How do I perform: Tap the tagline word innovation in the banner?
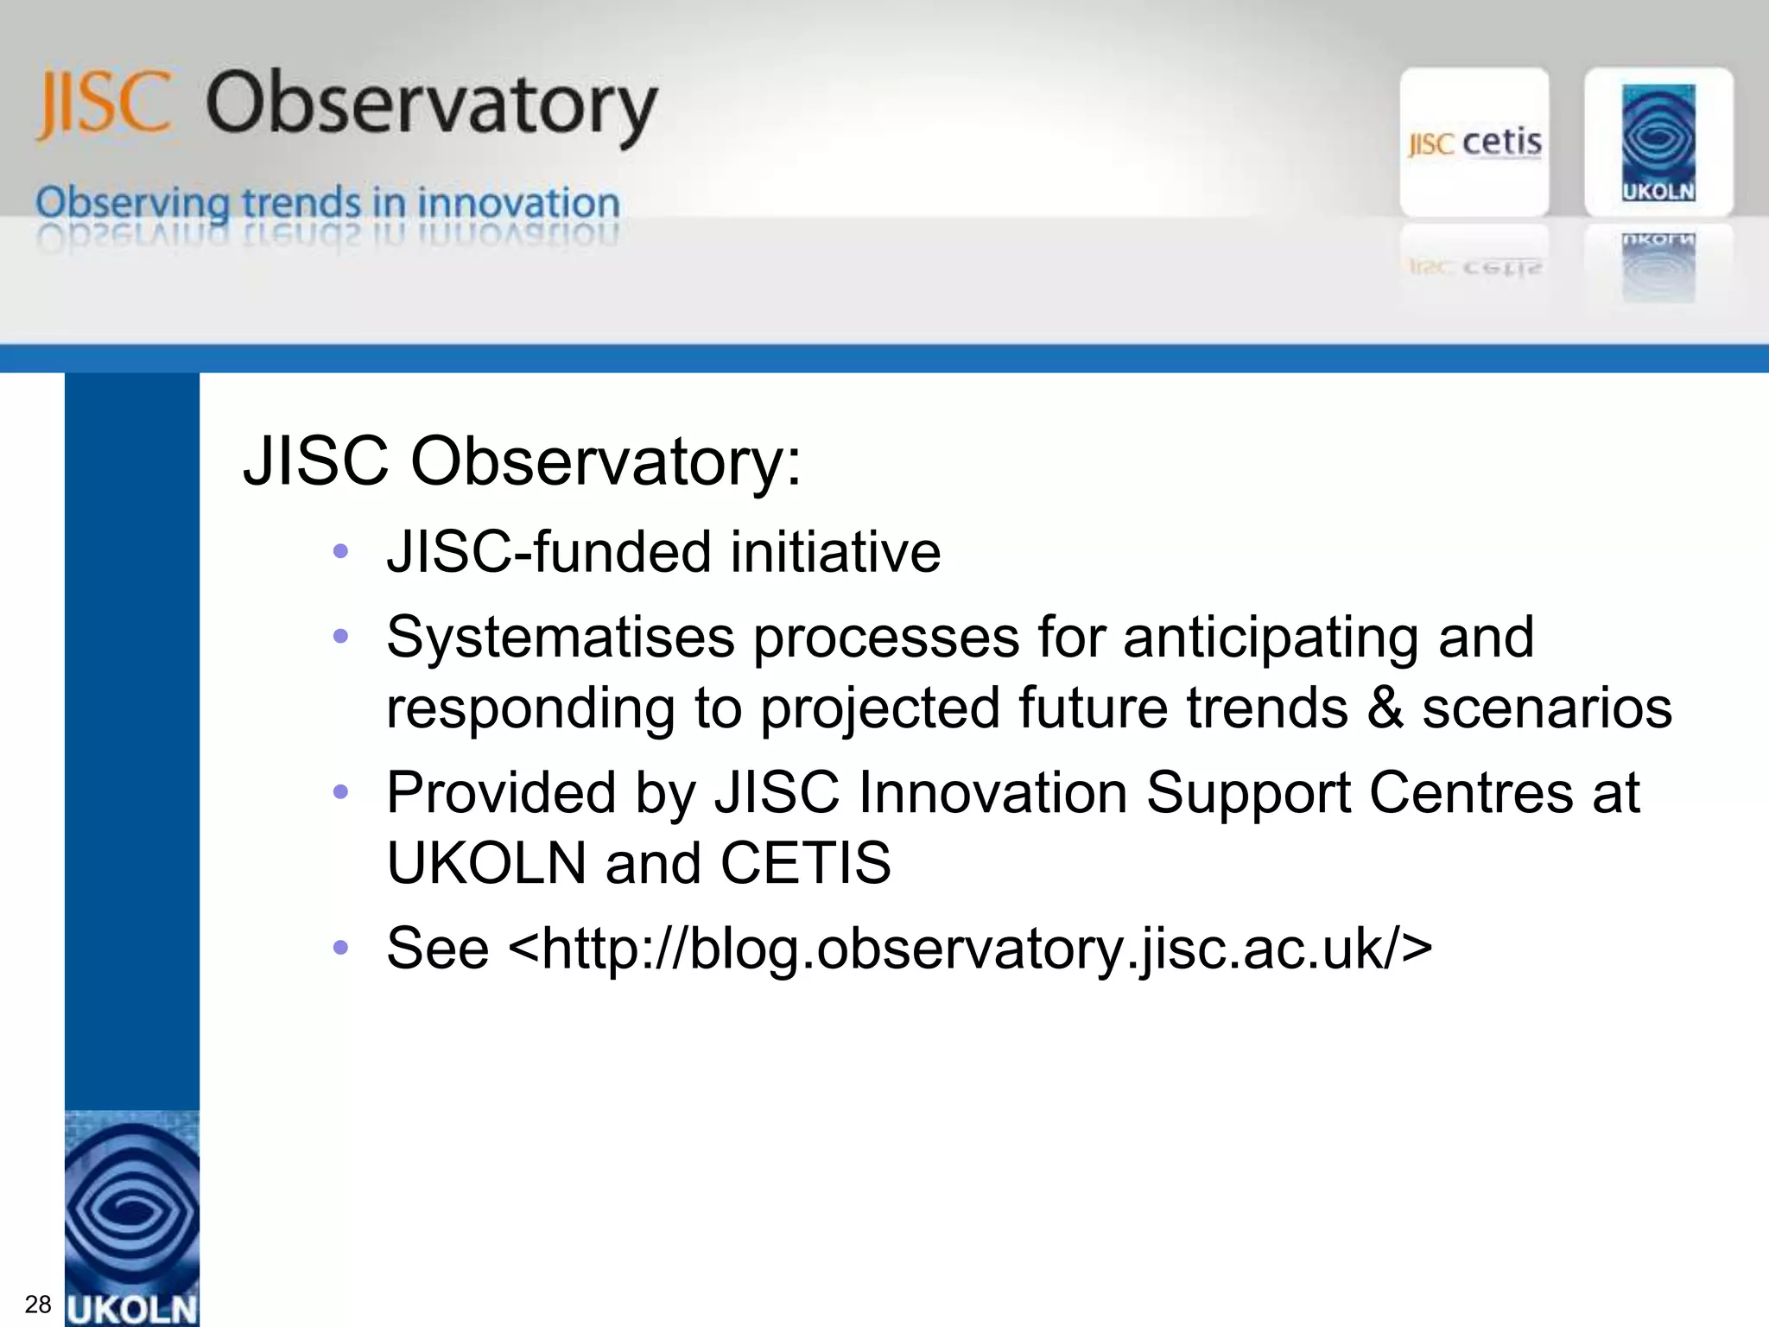[x=518, y=203]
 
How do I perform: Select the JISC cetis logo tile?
[x=1474, y=143]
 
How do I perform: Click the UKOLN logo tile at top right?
[x=1658, y=143]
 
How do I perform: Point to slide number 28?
[x=38, y=1304]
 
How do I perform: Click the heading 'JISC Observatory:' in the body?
[x=522, y=461]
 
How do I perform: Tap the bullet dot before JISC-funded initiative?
[x=340, y=551]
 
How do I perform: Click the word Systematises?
[x=560, y=638]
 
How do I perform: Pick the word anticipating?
[x=1270, y=638]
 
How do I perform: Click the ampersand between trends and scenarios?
[x=1385, y=708]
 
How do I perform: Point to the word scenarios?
[x=1546, y=708]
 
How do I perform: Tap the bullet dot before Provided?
[x=340, y=791]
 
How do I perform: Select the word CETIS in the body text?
[x=805, y=862]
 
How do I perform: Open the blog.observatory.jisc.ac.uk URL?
[x=969, y=949]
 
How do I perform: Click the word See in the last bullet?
[x=437, y=949]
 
